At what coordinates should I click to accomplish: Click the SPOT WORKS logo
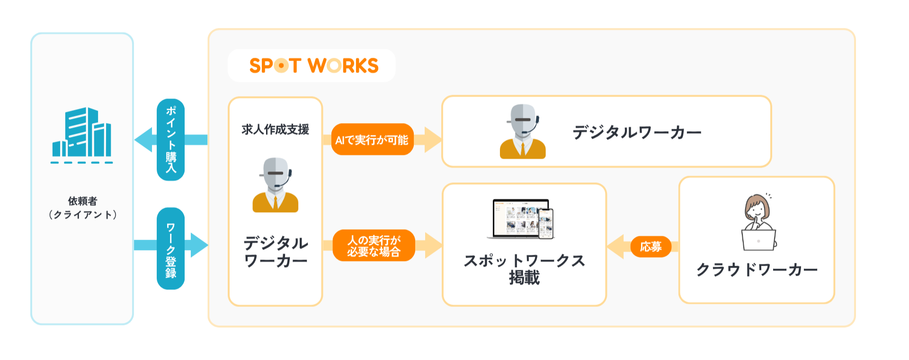point(313,66)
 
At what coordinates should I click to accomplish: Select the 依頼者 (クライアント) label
point(82,208)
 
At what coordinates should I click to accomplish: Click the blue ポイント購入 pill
point(170,140)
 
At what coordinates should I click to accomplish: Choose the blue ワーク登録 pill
point(170,249)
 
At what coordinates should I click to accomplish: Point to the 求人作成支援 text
point(275,129)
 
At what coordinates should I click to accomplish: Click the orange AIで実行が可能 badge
point(372,140)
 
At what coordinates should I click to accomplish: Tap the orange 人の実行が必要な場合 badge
point(374,246)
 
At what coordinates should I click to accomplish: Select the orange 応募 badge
point(651,247)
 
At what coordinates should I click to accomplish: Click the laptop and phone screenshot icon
point(521,218)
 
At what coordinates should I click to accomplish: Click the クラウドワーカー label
point(757,270)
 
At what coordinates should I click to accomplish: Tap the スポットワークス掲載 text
point(524,269)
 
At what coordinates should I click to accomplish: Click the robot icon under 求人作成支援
point(276,185)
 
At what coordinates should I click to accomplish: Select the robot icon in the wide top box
point(523,131)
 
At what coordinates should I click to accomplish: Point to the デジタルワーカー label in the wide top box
point(637,132)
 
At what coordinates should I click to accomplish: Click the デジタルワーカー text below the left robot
point(276,252)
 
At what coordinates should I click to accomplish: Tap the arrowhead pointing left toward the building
point(144,140)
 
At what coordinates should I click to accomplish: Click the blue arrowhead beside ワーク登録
point(199,245)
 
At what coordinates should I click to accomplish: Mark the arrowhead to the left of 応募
point(615,247)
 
